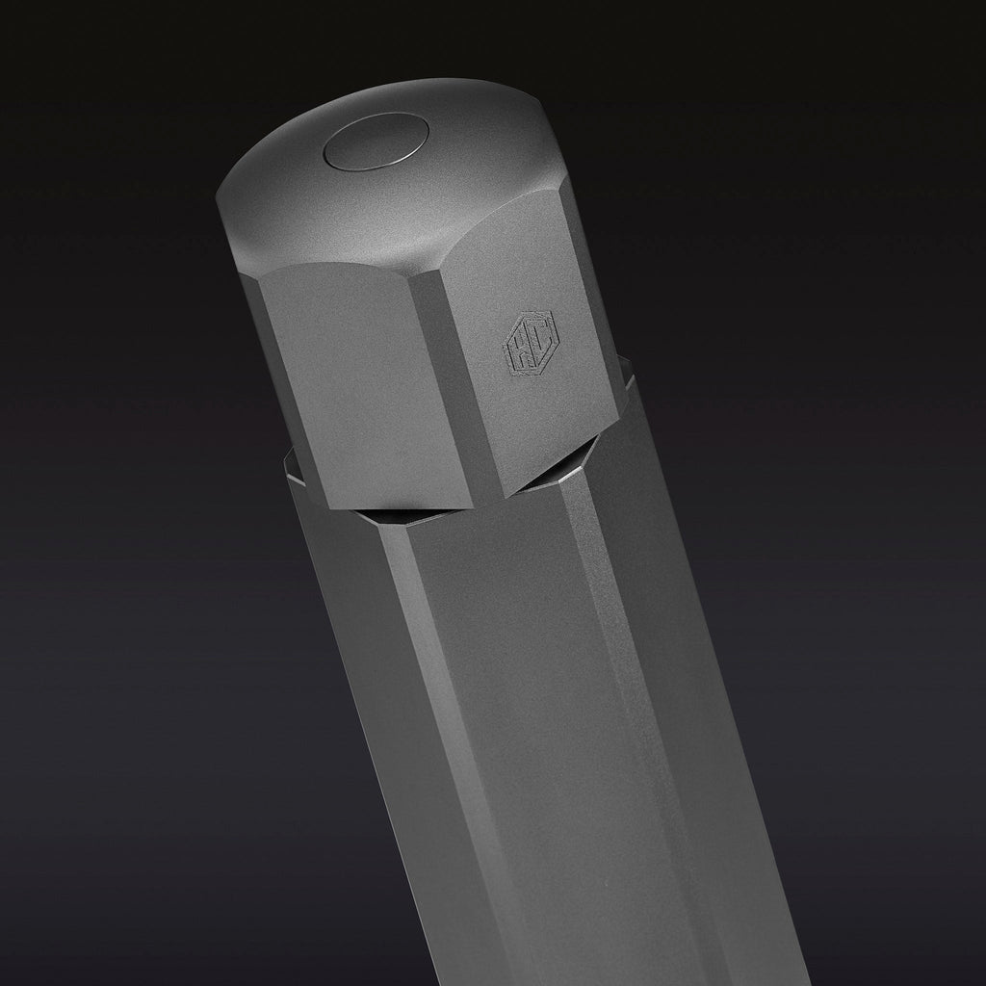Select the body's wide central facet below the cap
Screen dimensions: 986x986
point(501,693)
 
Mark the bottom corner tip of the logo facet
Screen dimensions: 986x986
point(506,496)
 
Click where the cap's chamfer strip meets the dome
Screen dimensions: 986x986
point(424,274)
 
